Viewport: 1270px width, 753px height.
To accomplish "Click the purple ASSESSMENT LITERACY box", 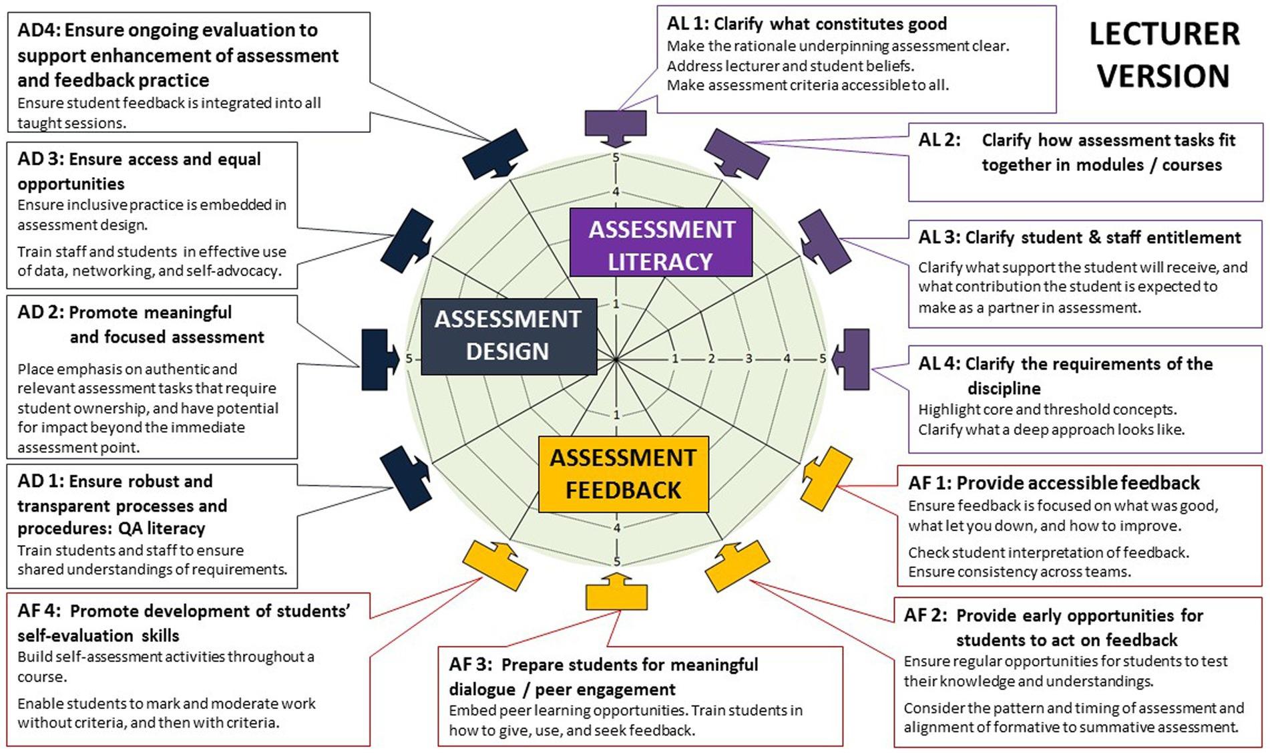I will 661,243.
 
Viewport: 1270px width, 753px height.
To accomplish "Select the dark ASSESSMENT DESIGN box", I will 509,335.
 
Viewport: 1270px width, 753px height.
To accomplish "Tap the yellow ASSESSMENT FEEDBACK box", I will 623,474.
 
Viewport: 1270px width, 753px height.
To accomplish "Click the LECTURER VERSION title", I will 1164,55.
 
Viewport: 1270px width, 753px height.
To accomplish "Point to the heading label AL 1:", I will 687,24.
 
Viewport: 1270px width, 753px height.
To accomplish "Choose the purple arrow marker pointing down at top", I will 616,127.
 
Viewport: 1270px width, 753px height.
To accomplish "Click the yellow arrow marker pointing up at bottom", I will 616,592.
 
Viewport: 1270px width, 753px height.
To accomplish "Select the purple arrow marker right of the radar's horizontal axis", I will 853,359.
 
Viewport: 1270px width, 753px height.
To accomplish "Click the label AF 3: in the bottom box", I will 471,665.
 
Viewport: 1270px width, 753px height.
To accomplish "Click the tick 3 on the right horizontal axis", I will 749,359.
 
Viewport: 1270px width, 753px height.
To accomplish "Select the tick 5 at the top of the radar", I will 616,158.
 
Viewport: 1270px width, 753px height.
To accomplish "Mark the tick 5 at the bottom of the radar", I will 616,561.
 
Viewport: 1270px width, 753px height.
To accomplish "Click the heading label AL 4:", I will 938,364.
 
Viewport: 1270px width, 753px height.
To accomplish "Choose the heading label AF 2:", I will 925,615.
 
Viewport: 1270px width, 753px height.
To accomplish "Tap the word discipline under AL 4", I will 1004,388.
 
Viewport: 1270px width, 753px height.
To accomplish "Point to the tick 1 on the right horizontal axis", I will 675,359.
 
